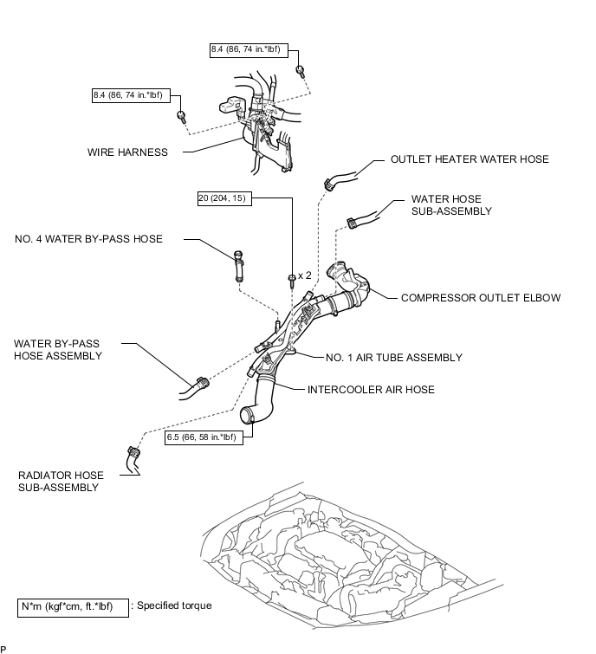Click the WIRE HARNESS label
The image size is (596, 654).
point(127,152)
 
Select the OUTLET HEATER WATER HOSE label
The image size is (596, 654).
point(470,159)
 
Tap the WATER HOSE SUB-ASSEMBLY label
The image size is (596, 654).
point(451,205)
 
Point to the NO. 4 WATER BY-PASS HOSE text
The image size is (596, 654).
point(89,239)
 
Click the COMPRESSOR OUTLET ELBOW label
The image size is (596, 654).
point(481,298)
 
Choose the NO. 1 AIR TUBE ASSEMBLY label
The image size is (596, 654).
point(394,358)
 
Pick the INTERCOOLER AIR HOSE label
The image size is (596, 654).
point(371,390)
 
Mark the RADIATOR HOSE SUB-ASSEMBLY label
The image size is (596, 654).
point(61,482)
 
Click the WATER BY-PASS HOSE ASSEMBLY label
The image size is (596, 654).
point(58,350)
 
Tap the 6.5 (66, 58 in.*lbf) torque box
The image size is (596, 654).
point(204,437)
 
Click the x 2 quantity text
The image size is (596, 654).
point(305,275)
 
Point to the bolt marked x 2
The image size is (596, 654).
point(292,280)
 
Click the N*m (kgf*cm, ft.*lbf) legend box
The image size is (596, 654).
point(73,608)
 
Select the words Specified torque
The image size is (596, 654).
point(174,605)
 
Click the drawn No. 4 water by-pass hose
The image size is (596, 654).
point(238,266)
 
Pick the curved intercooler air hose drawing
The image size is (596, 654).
point(258,399)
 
